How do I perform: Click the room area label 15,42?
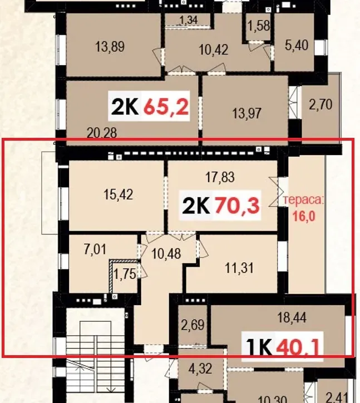point(119,195)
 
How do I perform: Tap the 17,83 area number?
point(220,177)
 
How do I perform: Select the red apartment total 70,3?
point(237,206)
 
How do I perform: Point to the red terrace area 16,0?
point(304,216)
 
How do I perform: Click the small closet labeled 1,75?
point(125,274)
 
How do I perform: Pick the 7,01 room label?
point(95,250)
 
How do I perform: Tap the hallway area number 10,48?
point(166,253)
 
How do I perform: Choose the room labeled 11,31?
point(239,268)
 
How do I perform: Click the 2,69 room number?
point(193,325)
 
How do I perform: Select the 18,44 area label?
point(292,317)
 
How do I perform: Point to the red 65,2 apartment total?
point(166,106)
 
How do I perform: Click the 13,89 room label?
point(110,47)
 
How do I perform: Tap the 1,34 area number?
point(189,20)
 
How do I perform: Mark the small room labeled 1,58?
point(259,26)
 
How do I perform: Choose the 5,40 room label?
point(297,45)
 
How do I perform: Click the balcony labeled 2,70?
point(320,105)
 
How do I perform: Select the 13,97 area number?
point(247,113)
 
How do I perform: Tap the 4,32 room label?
point(200,369)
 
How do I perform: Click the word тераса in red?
point(303,200)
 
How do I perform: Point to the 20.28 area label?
point(102,133)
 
